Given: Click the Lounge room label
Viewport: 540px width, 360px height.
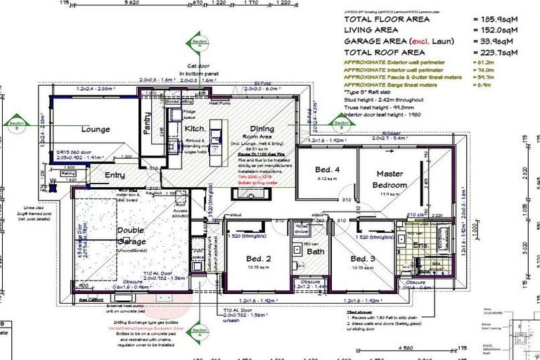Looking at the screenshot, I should click(96, 129).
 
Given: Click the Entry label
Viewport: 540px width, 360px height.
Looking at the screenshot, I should click(115, 175).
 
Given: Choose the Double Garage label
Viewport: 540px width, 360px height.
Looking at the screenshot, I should click(131, 235).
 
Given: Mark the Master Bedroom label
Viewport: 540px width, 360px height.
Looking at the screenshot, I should click(391, 179).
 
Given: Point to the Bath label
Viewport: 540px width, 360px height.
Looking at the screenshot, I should click(314, 251).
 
